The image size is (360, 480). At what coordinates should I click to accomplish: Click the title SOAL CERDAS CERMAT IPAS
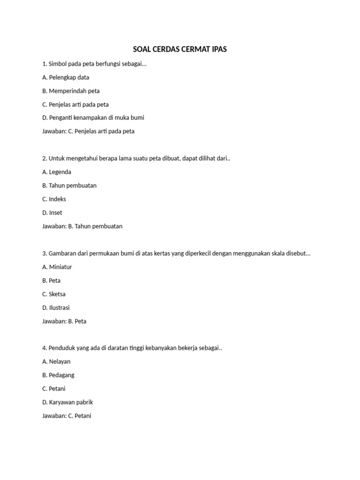(180, 49)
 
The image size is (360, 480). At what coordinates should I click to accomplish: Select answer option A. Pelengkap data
(66, 77)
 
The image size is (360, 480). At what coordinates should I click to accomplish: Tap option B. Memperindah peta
(71, 91)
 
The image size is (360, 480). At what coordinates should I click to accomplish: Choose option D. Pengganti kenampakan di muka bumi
(93, 118)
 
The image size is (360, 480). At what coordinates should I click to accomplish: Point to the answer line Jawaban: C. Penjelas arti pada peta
(88, 131)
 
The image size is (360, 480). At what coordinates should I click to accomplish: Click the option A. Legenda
(57, 172)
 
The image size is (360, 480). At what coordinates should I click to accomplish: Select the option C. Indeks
(54, 199)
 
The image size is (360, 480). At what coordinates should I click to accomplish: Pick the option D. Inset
(52, 212)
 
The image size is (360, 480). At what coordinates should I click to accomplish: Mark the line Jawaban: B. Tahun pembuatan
(82, 226)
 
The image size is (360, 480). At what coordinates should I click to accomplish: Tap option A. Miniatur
(57, 267)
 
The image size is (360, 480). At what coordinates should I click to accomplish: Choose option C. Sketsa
(54, 294)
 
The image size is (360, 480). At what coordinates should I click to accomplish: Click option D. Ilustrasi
(56, 307)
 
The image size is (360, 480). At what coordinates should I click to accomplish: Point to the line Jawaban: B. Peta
(64, 321)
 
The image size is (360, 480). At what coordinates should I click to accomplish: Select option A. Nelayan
(57, 361)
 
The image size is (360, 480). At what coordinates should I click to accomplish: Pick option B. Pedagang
(58, 375)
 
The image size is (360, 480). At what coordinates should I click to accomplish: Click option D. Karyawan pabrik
(67, 402)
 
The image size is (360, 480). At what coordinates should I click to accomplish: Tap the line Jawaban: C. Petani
(67, 416)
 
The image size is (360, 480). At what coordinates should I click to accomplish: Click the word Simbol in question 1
(58, 64)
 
